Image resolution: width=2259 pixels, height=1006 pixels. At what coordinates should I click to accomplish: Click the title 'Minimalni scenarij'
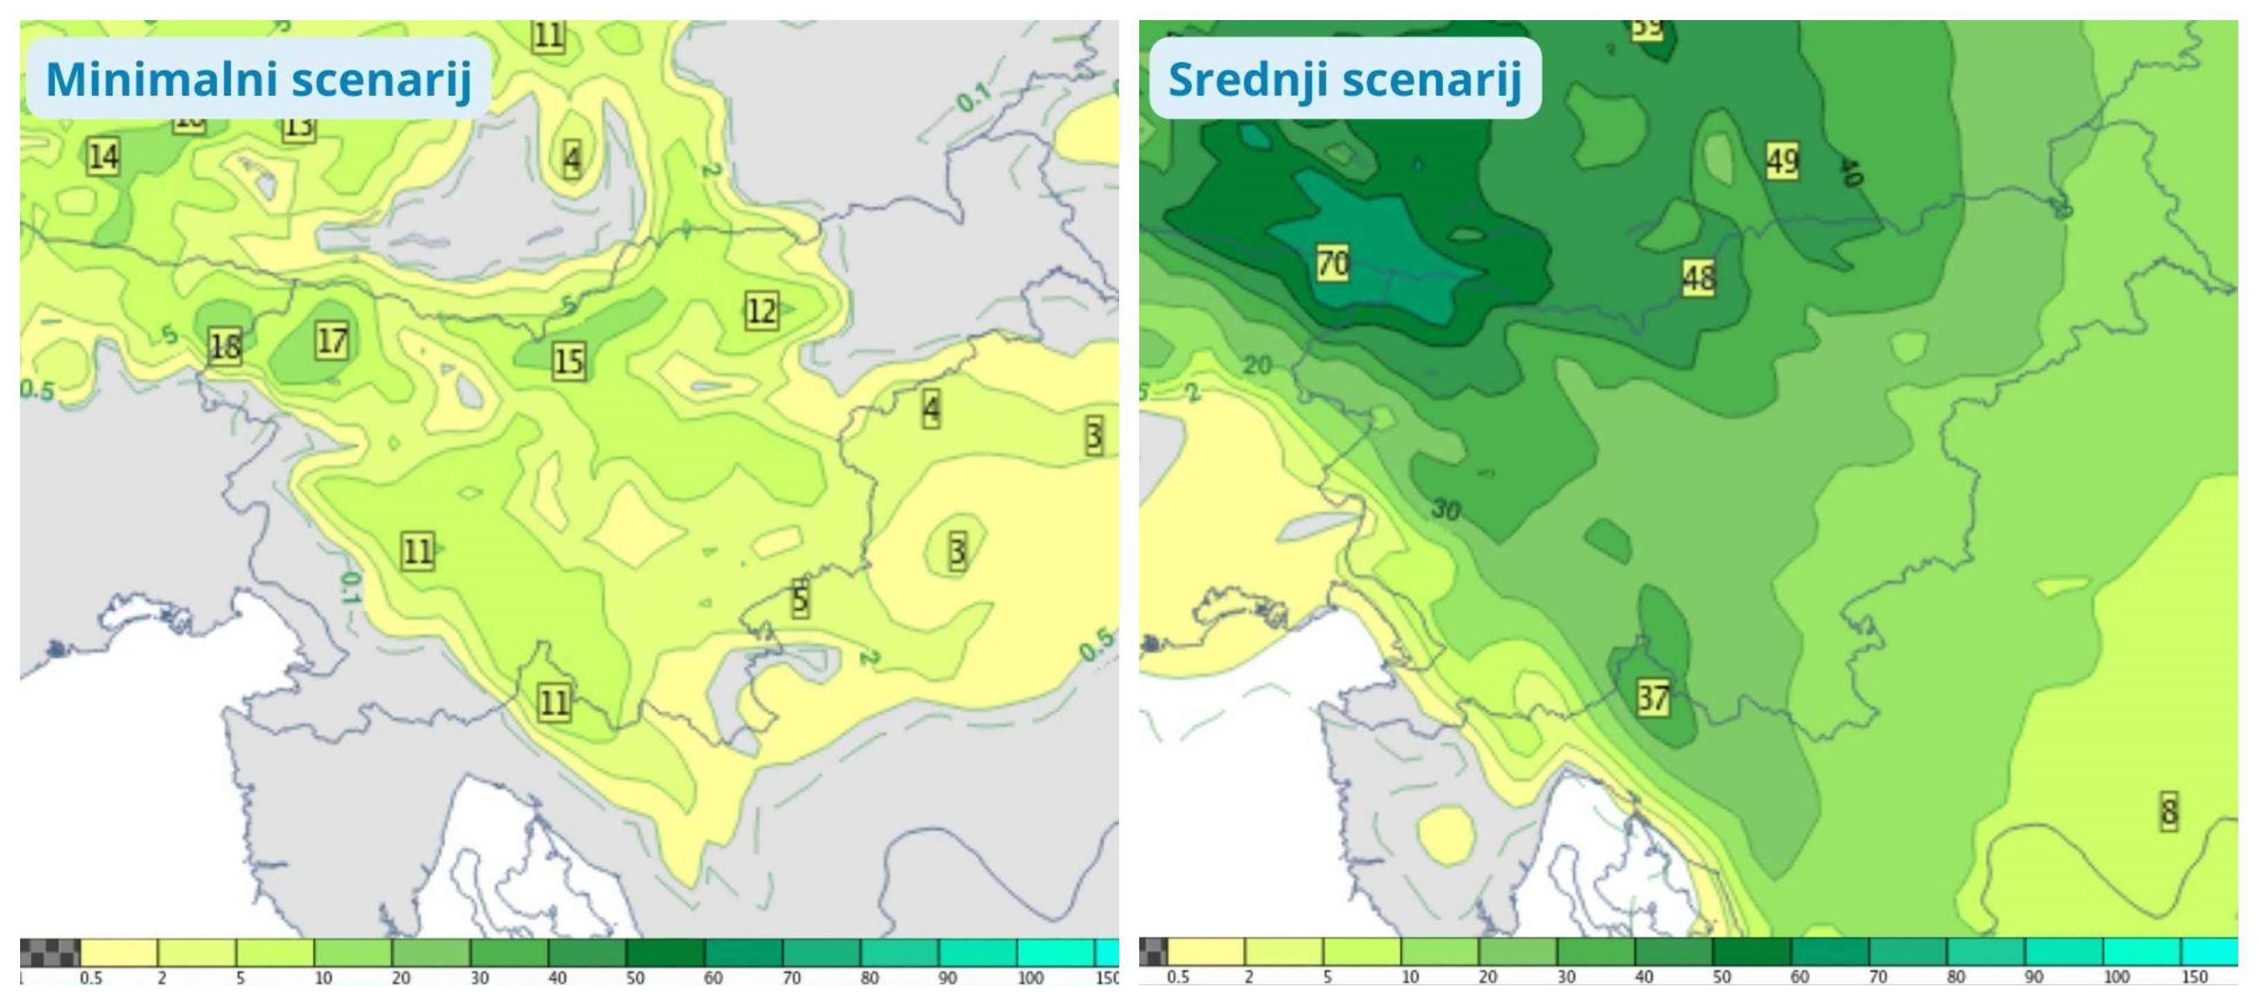point(258,79)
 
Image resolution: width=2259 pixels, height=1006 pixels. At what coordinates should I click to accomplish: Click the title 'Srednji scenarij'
point(1344,79)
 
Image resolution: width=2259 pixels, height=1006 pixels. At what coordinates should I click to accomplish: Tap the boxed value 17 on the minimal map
point(332,341)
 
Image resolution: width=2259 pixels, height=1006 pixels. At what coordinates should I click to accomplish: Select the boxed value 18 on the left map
point(224,346)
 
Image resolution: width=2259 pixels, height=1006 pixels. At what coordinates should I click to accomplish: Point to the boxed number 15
point(568,361)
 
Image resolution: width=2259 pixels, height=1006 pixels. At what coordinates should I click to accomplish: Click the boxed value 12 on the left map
point(761,310)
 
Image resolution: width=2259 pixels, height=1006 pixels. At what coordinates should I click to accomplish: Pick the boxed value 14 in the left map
point(102,157)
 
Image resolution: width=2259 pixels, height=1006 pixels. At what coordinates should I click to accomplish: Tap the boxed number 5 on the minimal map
point(800,600)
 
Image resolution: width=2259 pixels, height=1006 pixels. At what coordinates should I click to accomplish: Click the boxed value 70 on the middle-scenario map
point(1332,262)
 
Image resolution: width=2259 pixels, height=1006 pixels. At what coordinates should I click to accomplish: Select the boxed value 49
point(1782,161)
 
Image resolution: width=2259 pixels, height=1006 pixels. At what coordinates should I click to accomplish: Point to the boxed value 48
point(1698,278)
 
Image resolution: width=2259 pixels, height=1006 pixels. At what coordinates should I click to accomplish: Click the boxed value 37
point(1653,698)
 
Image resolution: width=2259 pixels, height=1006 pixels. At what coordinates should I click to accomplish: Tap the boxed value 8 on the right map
point(2168,811)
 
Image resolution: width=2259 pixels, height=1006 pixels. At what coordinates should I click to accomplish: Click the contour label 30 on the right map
point(1446,509)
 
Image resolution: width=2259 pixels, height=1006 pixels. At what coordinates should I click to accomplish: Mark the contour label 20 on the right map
point(1258,365)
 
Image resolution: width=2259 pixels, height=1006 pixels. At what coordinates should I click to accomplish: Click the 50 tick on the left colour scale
point(635,977)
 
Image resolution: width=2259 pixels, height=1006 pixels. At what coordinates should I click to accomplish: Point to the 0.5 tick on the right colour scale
point(1178,976)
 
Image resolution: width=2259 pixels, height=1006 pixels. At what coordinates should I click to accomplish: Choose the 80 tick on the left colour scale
point(869,977)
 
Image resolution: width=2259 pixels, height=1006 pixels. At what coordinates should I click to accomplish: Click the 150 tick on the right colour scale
point(2194,976)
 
